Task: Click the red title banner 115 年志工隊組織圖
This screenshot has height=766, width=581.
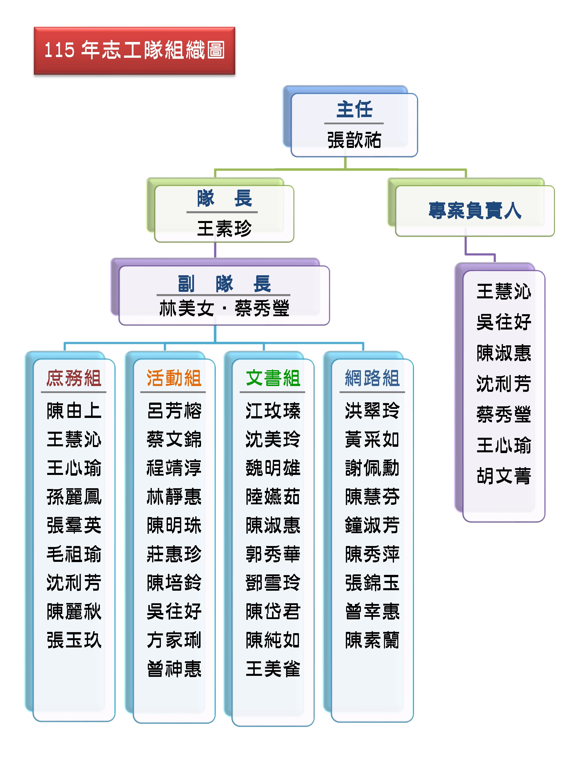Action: [x=134, y=50]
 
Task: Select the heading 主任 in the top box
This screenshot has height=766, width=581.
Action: [x=354, y=110]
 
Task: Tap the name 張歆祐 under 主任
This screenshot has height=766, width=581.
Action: [x=354, y=140]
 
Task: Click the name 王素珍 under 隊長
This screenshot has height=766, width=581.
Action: [x=224, y=229]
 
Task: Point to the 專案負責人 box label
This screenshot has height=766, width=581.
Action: [x=475, y=210]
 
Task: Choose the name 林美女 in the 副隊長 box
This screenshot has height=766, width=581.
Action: [x=187, y=308]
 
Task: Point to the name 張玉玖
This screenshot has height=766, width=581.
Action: [x=74, y=640]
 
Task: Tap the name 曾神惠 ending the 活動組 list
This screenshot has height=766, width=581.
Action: [x=174, y=669]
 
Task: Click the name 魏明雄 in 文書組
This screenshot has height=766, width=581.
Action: [x=273, y=468]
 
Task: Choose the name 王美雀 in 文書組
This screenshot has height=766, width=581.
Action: [x=273, y=669]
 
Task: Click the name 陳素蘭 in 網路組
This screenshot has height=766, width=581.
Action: [x=372, y=640]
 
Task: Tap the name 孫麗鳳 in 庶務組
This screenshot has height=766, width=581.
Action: [x=74, y=497]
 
